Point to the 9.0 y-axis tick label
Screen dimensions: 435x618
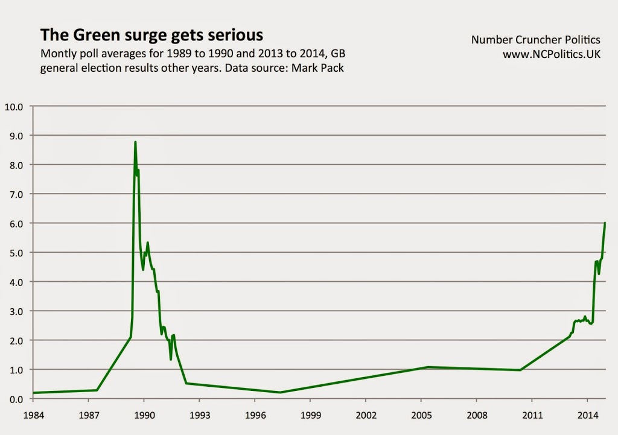point(15,136)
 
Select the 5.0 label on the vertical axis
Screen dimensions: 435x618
point(15,253)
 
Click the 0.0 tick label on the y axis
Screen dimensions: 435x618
point(15,399)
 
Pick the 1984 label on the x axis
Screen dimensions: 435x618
point(33,416)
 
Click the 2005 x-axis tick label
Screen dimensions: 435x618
point(421,416)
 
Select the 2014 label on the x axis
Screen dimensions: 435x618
point(587,416)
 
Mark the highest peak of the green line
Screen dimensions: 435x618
point(135,142)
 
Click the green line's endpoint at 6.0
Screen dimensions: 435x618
point(605,223)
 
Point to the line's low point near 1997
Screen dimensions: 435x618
point(281,393)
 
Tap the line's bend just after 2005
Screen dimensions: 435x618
point(427,367)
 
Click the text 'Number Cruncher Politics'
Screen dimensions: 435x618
point(535,40)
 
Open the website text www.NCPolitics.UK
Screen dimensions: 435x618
point(552,54)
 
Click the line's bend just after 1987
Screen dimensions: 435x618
point(97,390)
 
